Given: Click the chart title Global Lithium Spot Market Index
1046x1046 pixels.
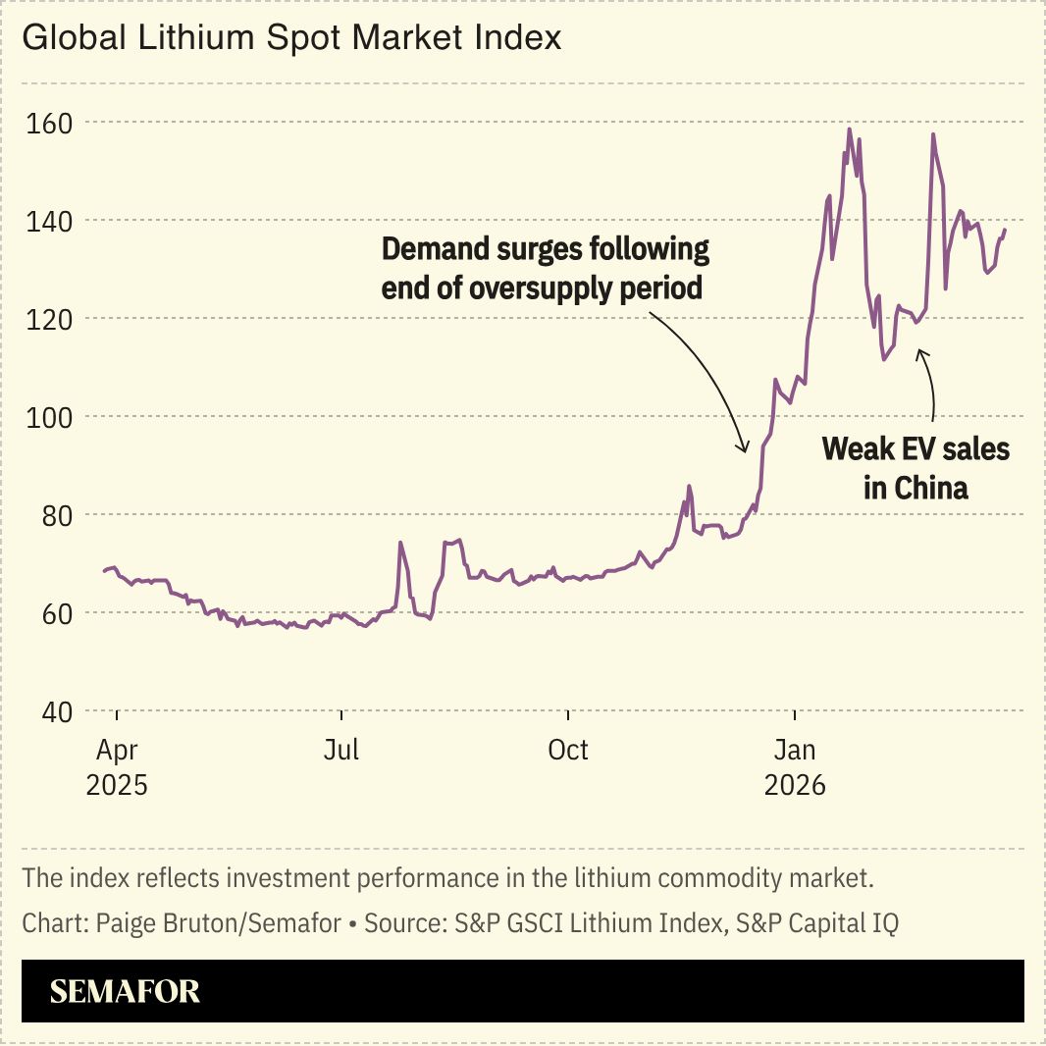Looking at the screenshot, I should (291, 38).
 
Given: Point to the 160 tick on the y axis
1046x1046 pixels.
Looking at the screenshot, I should (50, 123).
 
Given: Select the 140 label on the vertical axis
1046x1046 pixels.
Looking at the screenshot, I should (50, 221).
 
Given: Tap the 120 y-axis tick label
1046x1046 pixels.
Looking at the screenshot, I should (50, 319).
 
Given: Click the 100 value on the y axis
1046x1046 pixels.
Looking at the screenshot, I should (50, 417).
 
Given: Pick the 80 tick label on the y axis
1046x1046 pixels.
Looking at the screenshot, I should (53, 515).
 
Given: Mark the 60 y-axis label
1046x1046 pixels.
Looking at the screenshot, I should (53, 613).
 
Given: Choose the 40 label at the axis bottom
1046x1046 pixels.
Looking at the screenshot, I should (53, 711).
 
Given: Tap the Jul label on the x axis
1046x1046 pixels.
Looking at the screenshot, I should (340, 751).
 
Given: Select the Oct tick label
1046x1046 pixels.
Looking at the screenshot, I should (567, 751).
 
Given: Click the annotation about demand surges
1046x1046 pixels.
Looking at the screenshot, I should (545, 268).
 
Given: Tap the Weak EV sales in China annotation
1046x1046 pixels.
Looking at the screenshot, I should (915, 468).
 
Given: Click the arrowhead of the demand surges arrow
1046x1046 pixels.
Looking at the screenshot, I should (745, 449).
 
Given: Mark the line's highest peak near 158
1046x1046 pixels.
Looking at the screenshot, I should (849, 130).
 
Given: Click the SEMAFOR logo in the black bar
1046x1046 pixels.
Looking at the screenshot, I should (125, 991).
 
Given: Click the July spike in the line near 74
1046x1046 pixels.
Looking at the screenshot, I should (400, 543).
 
